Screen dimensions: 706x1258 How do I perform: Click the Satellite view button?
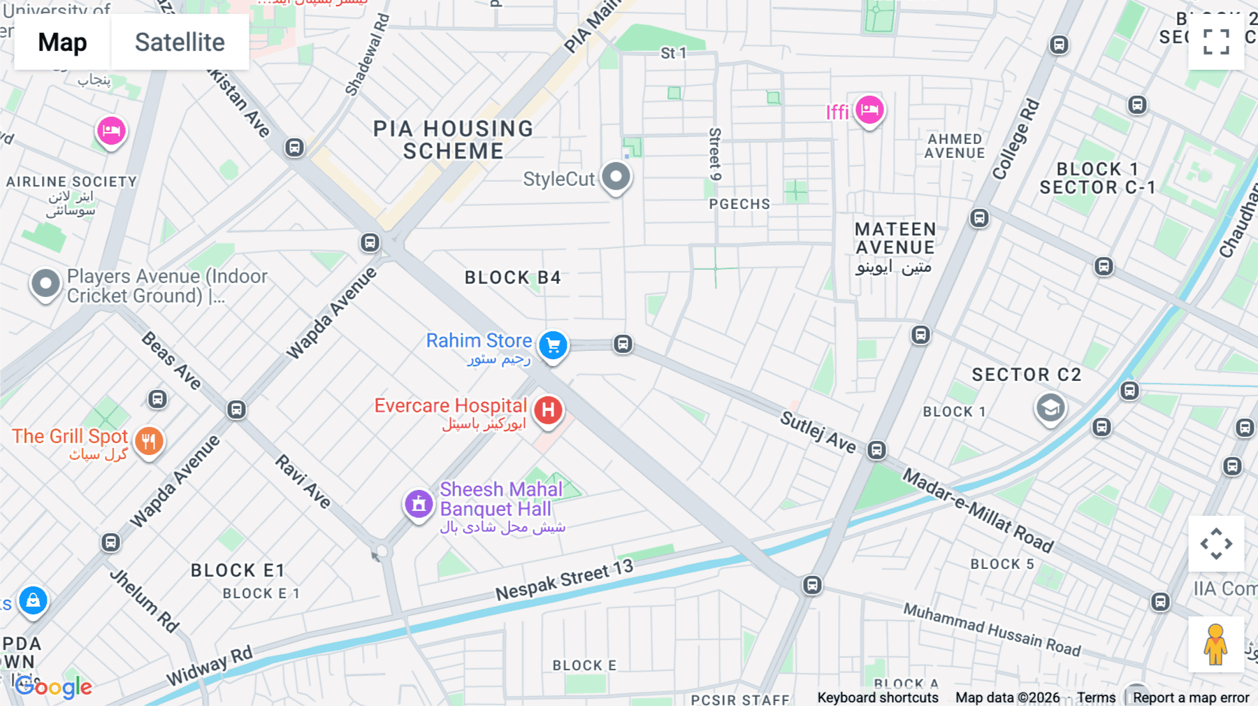click(x=180, y=43)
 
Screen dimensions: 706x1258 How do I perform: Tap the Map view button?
click(x=62, y=43)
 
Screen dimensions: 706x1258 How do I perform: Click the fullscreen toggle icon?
click(x=1216, y=42)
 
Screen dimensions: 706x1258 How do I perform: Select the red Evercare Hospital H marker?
click(x=549, y=410)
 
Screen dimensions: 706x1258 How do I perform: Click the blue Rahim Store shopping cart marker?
click(x=553, y=345)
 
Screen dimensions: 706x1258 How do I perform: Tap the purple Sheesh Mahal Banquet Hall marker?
click(x=419, y=503)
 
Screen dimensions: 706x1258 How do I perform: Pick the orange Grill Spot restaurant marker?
click(x=149, y=441)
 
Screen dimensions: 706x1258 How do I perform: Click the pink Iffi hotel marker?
click(x=869, y=110)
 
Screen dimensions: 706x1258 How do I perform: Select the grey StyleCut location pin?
click(x=616, y=177)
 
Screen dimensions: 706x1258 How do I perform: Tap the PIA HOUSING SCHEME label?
click(x=453, y=140)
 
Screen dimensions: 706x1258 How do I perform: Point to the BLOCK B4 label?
click(x=512, y=278)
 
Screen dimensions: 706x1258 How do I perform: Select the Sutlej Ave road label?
click(x=818, y=432)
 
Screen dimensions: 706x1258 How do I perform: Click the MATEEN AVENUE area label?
click(x=895, y=238)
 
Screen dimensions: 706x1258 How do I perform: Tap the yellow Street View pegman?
click(x=1215, y=644)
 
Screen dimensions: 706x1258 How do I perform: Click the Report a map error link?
click(x=1190, y=698)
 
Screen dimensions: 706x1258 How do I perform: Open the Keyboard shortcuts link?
click(x=878, y=698)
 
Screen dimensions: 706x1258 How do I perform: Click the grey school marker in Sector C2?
click(x=1050, y=408)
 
